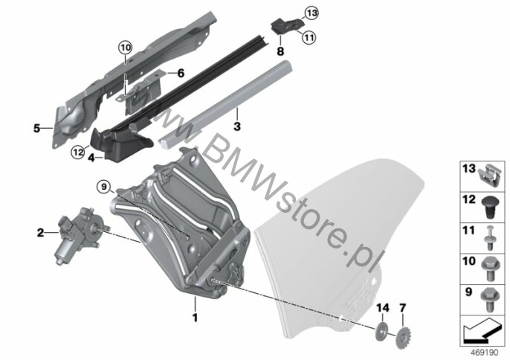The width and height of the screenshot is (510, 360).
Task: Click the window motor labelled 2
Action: click(x=79, y=235)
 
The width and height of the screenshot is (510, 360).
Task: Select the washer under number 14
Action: click(x=382, y=331)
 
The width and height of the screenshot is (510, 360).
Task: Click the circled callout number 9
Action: click(x=104, y=187)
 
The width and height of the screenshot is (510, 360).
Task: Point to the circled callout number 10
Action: click(x=125, y=48)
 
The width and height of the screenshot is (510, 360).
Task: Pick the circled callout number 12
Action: click(x=78, y=152)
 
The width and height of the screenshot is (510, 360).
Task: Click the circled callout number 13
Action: click(x=312, y=13)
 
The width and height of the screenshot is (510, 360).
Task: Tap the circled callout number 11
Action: click(x=309, y=38)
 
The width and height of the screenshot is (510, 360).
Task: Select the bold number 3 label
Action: click(x=237, y=126)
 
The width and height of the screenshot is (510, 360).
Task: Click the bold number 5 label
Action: click(x=36, y=128)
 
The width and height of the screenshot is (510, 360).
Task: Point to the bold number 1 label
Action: click(x=195, y=318)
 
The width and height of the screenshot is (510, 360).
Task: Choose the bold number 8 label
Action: click(x=280, y=51)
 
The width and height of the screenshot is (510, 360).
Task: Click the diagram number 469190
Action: click(x=485, y=353)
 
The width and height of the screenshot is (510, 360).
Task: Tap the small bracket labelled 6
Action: click(x=143, y=92)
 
